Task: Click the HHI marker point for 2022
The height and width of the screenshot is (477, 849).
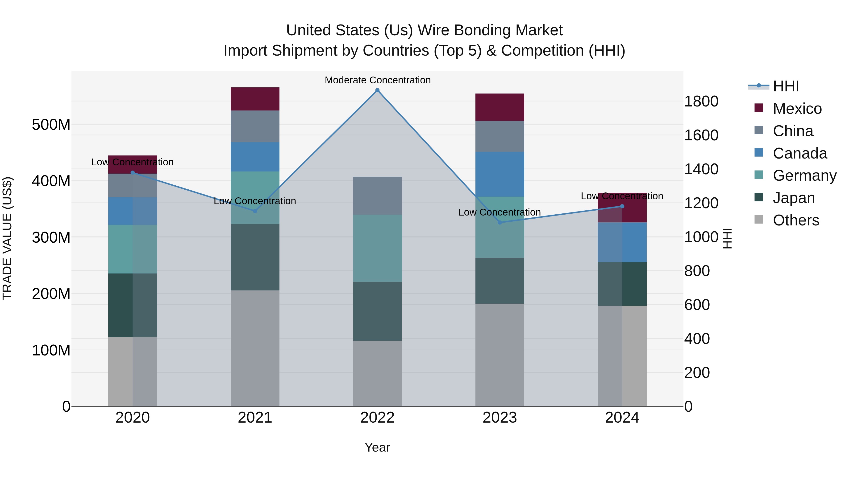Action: coord(377,90)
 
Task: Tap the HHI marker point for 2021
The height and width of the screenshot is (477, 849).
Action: coord(255,211)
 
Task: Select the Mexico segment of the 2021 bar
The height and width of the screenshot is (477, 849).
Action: coord(255,99)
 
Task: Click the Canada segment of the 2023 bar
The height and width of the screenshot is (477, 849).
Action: coord(500,174)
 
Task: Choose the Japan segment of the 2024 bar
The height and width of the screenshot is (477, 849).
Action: coord(622,284)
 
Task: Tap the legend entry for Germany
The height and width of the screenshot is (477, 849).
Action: coord(804,175)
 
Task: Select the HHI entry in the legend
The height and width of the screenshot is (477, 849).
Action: coord(786,86)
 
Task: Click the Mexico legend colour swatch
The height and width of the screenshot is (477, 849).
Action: coord(759,108)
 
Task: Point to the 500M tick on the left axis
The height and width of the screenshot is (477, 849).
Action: coord(51,125)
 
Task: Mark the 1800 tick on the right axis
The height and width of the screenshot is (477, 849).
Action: coord(701,101)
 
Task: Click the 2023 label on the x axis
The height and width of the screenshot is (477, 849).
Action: coord(500,418)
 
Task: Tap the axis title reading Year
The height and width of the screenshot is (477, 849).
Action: coord(377,447)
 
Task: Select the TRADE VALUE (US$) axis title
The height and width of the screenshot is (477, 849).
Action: coord(7,238)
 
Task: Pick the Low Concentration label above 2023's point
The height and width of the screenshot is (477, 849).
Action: coord(500,212)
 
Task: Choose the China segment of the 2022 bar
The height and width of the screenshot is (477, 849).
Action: coord(377,196)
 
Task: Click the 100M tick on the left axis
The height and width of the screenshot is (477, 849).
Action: coord(51,350)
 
